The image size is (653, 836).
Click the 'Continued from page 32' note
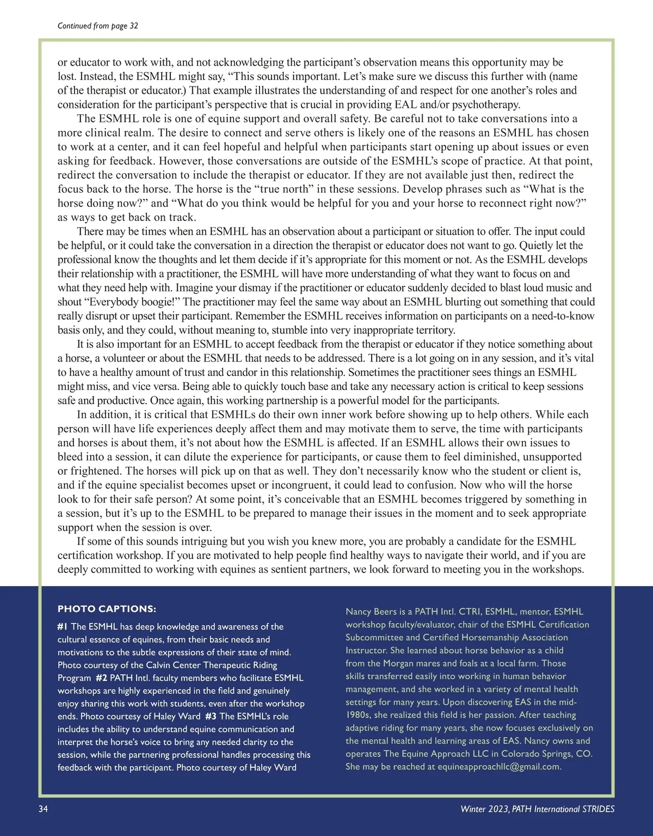(97, 26)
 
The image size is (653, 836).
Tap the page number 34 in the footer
(44, 809)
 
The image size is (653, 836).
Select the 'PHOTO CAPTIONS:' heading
(107, 609)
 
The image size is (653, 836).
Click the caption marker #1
(63, 626)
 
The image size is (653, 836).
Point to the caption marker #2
(101, 678)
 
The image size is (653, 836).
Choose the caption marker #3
(211, 716)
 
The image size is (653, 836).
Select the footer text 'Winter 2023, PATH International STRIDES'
(537, 809)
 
